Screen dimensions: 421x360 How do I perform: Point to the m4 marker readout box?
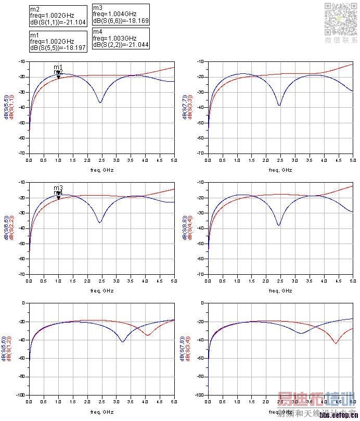coord(121,38)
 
